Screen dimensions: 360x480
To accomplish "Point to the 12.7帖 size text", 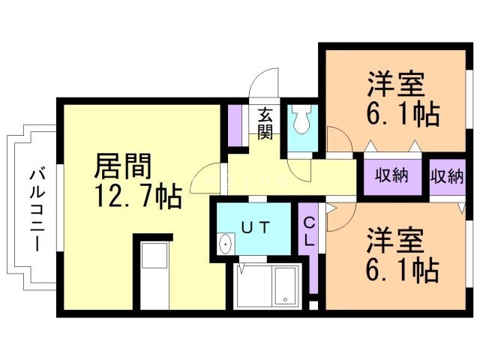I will [137, 196].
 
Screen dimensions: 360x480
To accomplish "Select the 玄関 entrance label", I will [265, 123].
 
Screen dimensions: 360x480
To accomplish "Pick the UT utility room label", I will [254, 226].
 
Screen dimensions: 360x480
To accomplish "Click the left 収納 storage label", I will [391, 176].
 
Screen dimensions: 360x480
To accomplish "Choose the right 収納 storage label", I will [447, 176].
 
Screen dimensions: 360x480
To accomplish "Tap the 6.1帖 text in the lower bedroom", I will [403, 270].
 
